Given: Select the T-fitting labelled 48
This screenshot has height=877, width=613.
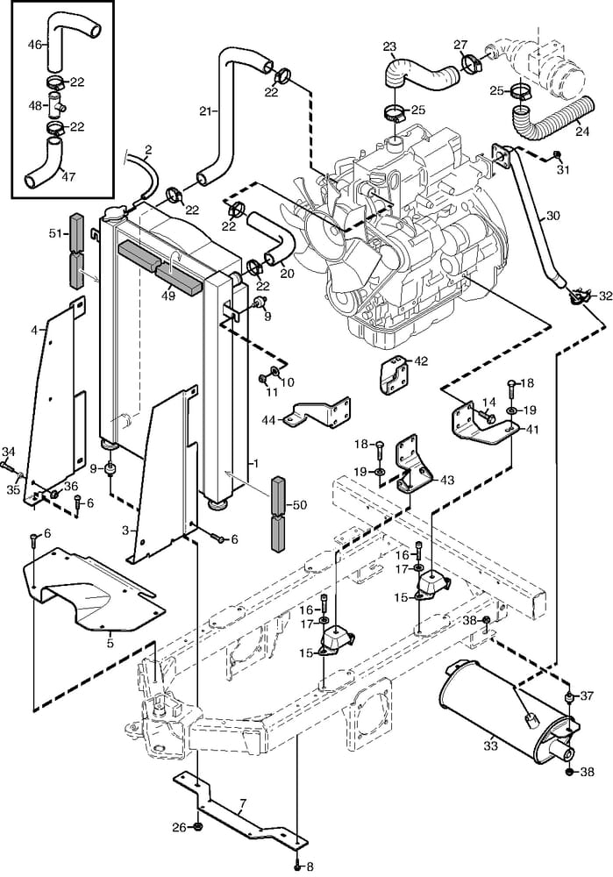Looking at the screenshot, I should click(x=58, y=105).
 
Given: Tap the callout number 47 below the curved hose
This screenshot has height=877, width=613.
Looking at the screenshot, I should click(x=68, y=175).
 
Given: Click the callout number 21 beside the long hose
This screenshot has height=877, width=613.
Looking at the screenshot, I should click(x=206, y=111).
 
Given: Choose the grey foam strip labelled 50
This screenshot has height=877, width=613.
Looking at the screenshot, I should click(x=279, y=513).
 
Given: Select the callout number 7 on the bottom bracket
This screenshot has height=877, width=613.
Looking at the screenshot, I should click(x=242, y=802).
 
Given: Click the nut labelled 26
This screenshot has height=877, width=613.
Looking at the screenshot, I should click(x=199, y=827).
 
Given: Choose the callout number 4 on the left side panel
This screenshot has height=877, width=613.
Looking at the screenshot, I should click(x=34, y=330).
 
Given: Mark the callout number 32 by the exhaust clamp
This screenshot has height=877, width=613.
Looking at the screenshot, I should click(x=604, y=296).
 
